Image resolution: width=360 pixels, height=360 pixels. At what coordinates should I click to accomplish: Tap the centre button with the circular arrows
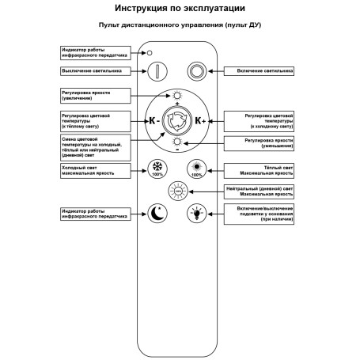(176, 121)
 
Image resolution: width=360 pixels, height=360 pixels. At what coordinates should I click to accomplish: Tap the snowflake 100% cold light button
(157, 169)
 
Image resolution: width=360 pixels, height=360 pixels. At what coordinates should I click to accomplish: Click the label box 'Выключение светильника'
(94, 70)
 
